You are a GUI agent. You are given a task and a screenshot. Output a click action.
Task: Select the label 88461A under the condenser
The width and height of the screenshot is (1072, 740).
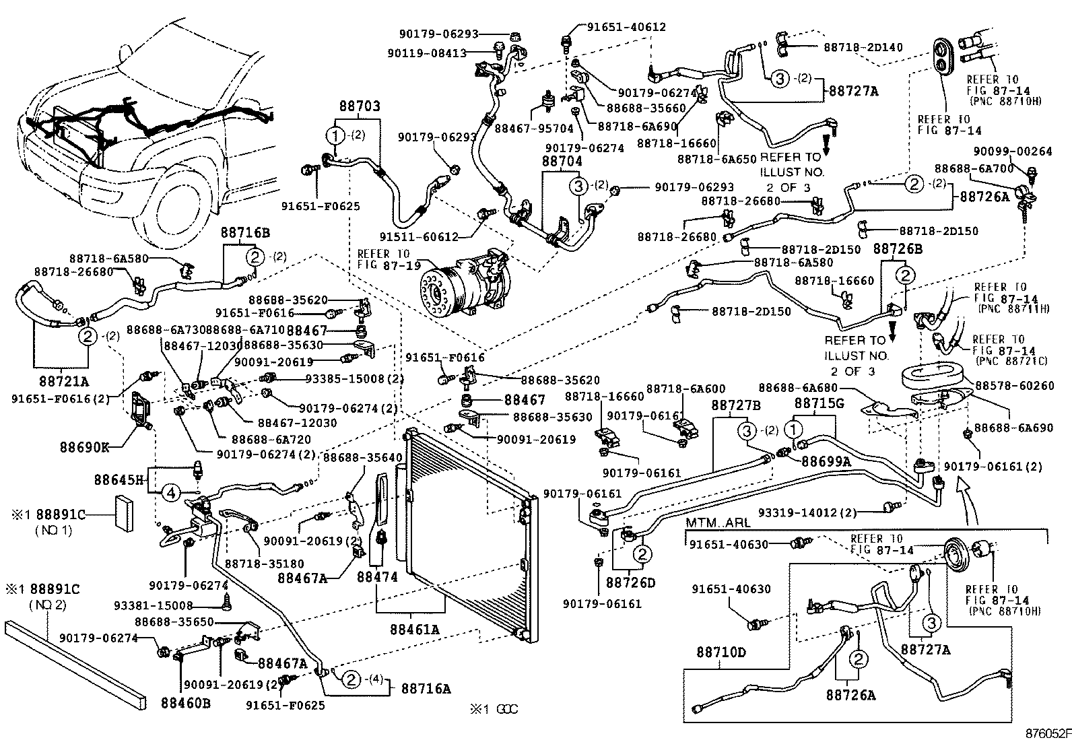click(x=414, y=630)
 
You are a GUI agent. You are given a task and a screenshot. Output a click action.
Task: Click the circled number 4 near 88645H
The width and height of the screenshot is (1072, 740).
click(x=171, y=494)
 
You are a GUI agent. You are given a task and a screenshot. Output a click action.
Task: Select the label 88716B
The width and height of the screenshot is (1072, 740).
click(x=246, y=232)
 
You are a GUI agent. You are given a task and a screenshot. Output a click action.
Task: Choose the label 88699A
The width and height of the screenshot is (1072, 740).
click(x=826, y=462)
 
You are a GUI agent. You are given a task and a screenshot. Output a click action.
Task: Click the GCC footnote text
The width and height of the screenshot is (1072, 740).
click(x=494, y=709)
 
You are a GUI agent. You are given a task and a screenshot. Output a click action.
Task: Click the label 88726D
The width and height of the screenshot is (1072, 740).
click(x=630, y=582)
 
